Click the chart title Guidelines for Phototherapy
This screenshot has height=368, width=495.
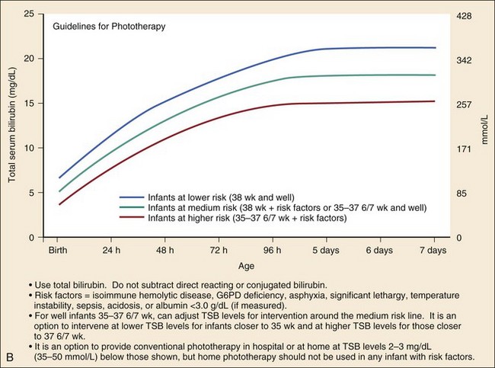pos(109,27)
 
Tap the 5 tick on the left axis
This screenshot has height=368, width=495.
pos(31,193)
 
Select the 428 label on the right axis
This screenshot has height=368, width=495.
pos(465,14)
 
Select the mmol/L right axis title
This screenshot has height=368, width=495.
pos(484,126)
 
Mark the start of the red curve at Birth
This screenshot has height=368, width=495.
pos(59,204)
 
